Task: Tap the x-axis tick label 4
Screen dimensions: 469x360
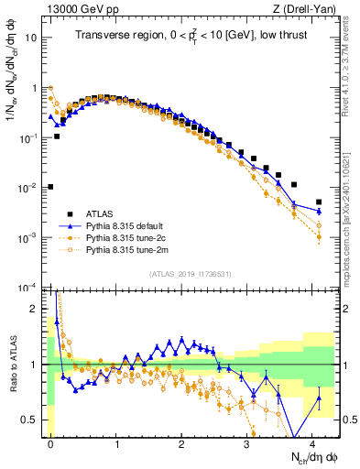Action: coord(312,442)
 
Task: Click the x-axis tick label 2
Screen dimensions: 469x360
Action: coord(181,442)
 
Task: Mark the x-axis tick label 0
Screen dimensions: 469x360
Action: coord(51,442)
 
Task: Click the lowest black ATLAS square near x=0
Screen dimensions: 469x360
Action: coord(50,187)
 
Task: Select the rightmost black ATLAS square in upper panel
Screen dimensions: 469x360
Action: coord(319,202)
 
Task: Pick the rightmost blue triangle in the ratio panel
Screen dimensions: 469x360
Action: coord(319,398)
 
